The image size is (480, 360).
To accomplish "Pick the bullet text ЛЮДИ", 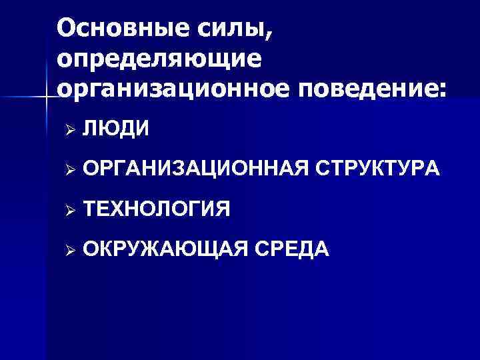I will [x=117, y=127].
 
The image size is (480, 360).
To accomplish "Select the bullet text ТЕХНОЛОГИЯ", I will [x=157, y=209].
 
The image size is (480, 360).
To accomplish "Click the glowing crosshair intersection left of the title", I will [x=46, y=98].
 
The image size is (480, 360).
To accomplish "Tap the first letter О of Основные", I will [x=67, y=29].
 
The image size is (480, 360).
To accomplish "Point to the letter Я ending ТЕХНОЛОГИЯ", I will [x=223, y=209].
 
